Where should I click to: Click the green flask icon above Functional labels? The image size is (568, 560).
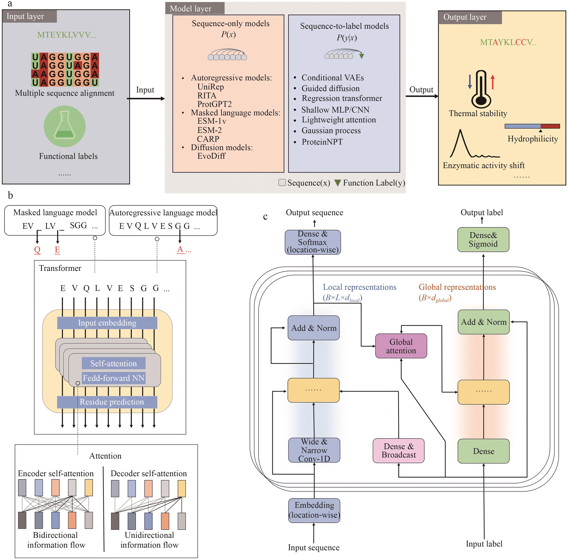point(65,126)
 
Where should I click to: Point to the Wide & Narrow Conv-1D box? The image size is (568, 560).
point(314,450)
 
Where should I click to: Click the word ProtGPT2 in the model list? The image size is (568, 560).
point(215,104)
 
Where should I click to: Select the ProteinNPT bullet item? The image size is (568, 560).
point(322,142)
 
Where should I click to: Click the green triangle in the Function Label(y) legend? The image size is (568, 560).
point(338,183)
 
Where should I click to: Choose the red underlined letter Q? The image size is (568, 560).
point(37,250)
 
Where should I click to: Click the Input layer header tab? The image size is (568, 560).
point(29,16)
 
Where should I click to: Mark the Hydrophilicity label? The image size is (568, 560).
point(532,139)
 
